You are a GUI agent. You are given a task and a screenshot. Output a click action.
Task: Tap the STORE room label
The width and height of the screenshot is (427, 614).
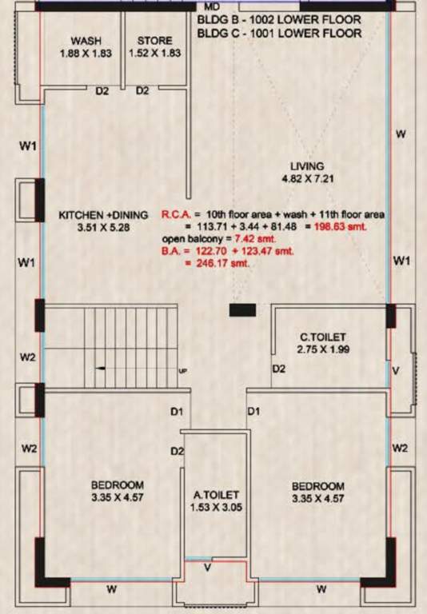pyautogui.click(x=154, y=41)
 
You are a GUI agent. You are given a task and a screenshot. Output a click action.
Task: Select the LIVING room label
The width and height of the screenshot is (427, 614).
pyautogui.click(x=307, y=166)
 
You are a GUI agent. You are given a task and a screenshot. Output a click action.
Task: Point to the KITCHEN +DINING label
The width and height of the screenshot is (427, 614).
pyautogui.click(x=104, y=214)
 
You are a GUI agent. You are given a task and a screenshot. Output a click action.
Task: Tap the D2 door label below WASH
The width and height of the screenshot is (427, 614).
pyautogui.click(x=102, y=91)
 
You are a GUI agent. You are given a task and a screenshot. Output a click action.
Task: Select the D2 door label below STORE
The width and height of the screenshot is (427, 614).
pyautogui.click(x=142, y=91)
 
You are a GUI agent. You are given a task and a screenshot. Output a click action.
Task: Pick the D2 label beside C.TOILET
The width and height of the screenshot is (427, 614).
pyautogui.click(x=279, y=369)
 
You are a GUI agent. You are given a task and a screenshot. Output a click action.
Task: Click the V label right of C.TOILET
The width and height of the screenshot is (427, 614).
pyautogui.click(x=394, y=370)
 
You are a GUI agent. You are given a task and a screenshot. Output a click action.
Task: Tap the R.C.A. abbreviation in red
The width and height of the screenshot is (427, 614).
pyautogui.click(x=175, y=214)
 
